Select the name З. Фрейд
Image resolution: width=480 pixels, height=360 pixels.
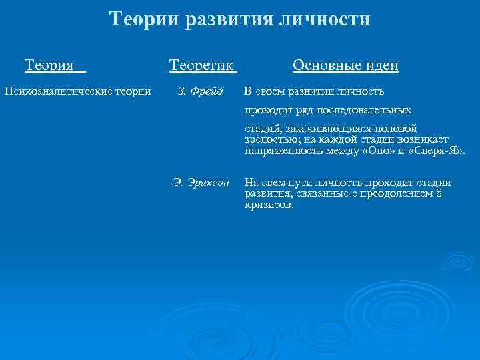(x=201, y=91)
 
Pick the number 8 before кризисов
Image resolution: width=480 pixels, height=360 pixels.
(x=438, y=194)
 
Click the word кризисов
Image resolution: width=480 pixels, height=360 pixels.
(x=268, y=205)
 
